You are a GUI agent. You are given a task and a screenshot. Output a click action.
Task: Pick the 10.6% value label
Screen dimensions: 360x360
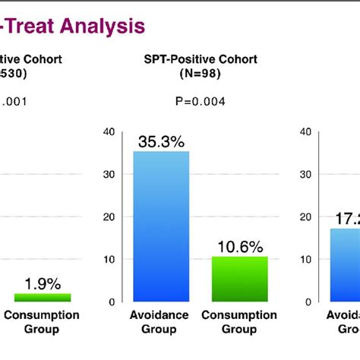(x=238, y=246)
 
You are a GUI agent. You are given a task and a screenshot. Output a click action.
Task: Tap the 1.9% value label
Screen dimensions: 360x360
(x=42, y=283)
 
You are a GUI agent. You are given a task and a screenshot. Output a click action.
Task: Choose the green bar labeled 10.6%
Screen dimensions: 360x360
(x=238, y=279)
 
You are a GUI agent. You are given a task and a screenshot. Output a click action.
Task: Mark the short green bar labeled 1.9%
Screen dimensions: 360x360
(x=42, y=297)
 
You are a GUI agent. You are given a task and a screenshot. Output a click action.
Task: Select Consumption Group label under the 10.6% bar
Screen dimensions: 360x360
(x=238, y=322)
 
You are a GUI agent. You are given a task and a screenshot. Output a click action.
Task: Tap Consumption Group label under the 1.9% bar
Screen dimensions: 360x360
(x=43, y=322)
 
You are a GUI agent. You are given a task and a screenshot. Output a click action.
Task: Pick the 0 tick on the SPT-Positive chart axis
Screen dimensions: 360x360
(x=111, y=302)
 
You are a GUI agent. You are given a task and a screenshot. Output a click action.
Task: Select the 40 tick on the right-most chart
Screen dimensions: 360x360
(x=306, y=132)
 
